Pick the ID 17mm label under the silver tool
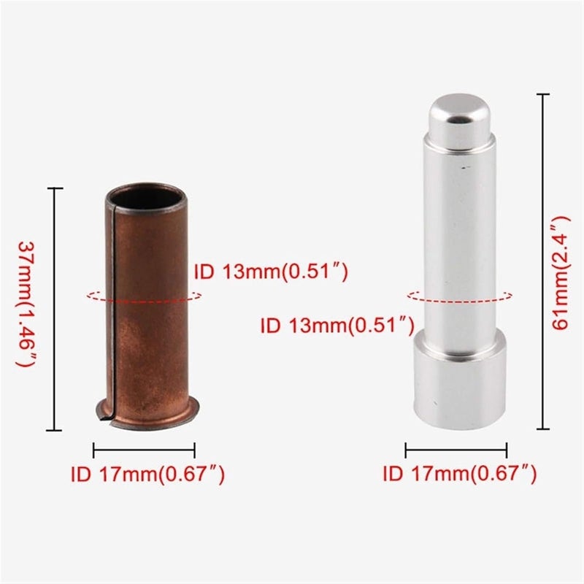click(460, 474)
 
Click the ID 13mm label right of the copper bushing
click(270, 273)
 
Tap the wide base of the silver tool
click(459, 380)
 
